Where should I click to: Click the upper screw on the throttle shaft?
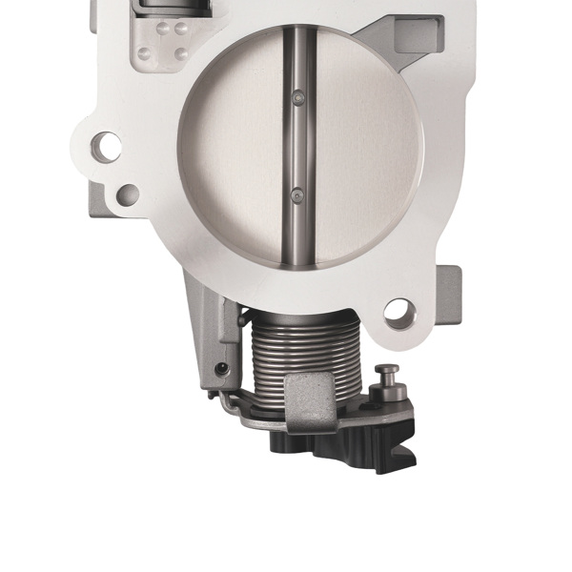299,97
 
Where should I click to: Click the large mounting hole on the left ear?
108,147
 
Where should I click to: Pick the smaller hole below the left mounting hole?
127,194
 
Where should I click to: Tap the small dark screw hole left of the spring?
222,369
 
